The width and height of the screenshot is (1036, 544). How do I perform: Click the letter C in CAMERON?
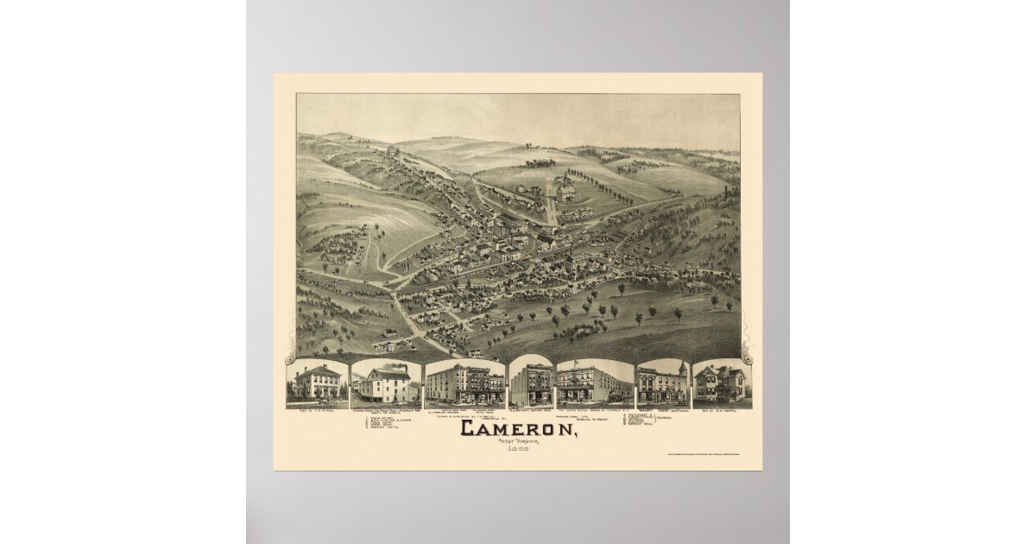tap(471, 428)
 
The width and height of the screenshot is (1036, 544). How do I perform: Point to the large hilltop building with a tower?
tap(565, 188)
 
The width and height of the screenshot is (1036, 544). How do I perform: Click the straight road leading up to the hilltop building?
tap(551, 207)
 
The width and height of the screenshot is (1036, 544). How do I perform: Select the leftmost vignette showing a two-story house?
tap(317, 383)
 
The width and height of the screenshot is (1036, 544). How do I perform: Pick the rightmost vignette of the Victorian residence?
tap(721, 383)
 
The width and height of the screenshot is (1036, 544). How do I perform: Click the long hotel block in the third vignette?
tap(464, 384)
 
